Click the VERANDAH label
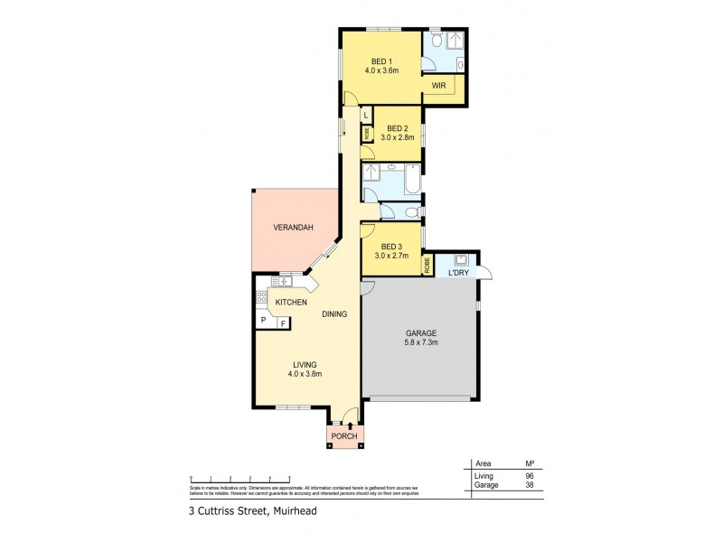pyautogui.click(x=293, y=229)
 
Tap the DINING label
pyautogui.click(x=334, y=314)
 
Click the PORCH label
pyautogui.click(x=344, y=437)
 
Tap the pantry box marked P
pyautogui.click(x=263, y=322)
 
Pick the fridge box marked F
pyautogui.click(x=282, y=322)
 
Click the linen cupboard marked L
pyautogui.click(x=366, y=115)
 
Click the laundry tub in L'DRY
pyautogui.click(x=459, y=258)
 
